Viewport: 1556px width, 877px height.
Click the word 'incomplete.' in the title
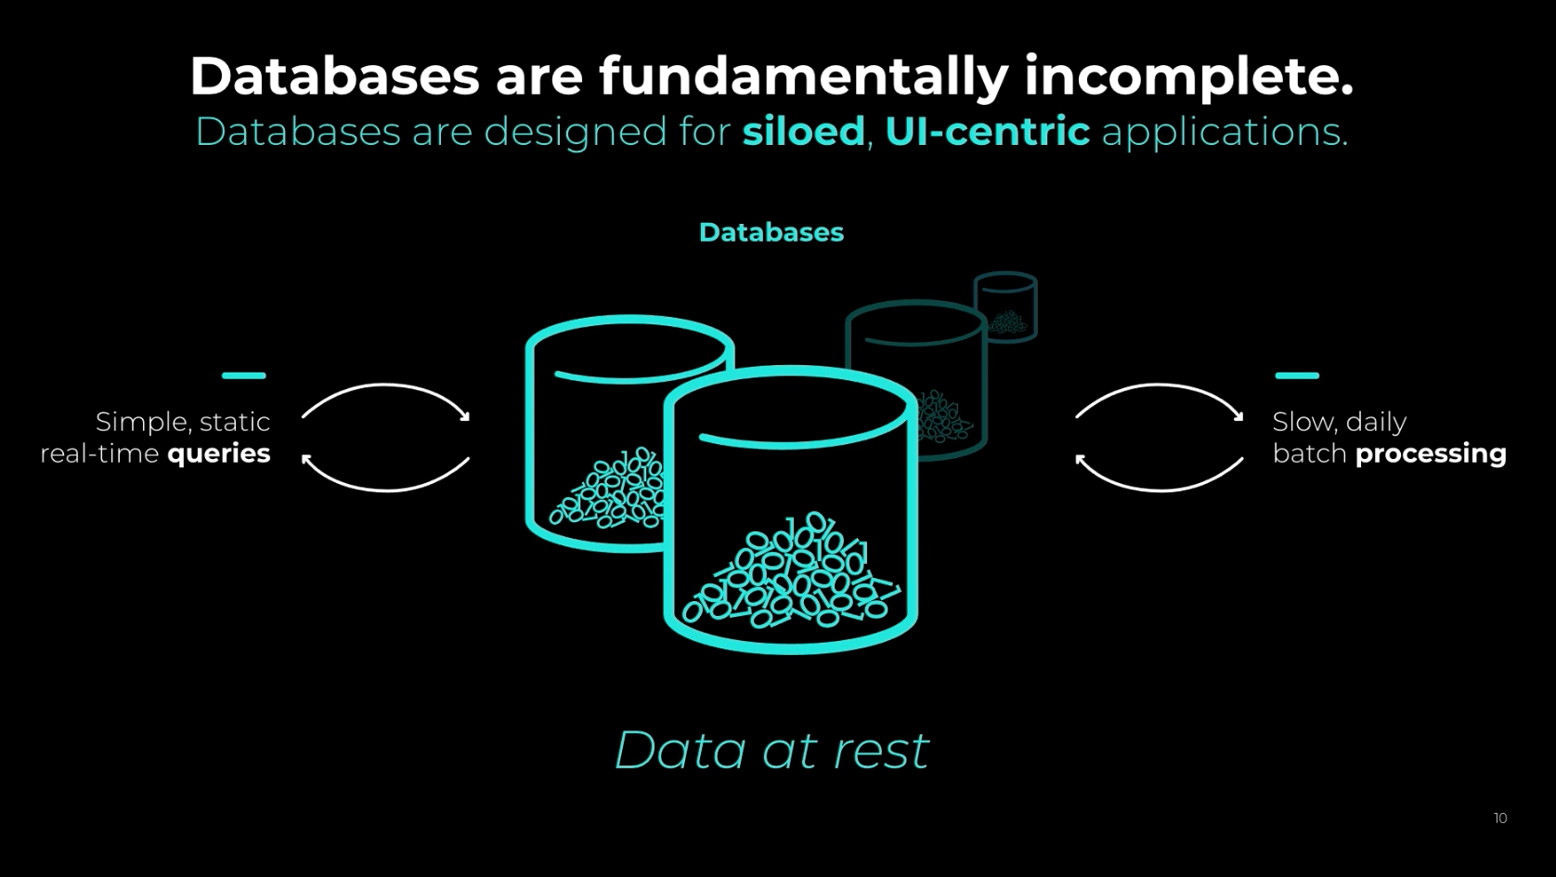[x=1189, y=78]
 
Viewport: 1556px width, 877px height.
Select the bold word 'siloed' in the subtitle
[x=804, y=131]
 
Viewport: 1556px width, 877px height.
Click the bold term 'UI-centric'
[x=988, y=131]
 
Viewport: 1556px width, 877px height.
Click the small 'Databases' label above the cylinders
[x=772, y=232]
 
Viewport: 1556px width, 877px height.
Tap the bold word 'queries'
[x=219, y=454]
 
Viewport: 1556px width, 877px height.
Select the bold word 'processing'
[x=1431, y=454]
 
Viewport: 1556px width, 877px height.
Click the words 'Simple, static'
[x=183, y=422]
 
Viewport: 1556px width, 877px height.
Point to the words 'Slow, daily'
[x=1340, y=422]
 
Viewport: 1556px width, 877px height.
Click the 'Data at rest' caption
[x=772, y=750]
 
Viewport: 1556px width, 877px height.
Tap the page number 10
[x=1500, y=818]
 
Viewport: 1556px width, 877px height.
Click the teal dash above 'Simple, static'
[x=244, y=375]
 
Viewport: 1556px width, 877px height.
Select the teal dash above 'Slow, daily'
[x=1297, y=375]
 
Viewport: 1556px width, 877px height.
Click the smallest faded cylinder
[x=1005, y=307]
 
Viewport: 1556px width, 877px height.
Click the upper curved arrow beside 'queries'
[x=386, y=386]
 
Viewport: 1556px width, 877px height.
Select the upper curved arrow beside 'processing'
[x=1161, y=386]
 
